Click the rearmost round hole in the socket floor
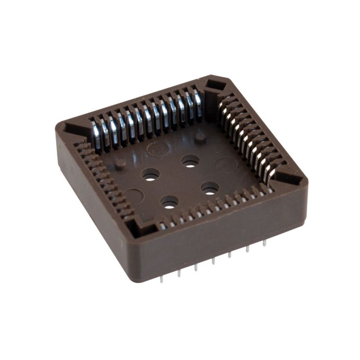click(191, 161)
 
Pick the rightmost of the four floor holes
click(210, 188)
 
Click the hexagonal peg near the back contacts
click(201, 138)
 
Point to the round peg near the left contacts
click(121, 164)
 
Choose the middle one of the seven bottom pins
click(213, 261)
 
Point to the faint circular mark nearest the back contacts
click(157, 148)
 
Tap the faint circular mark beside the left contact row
click(133, 196)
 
